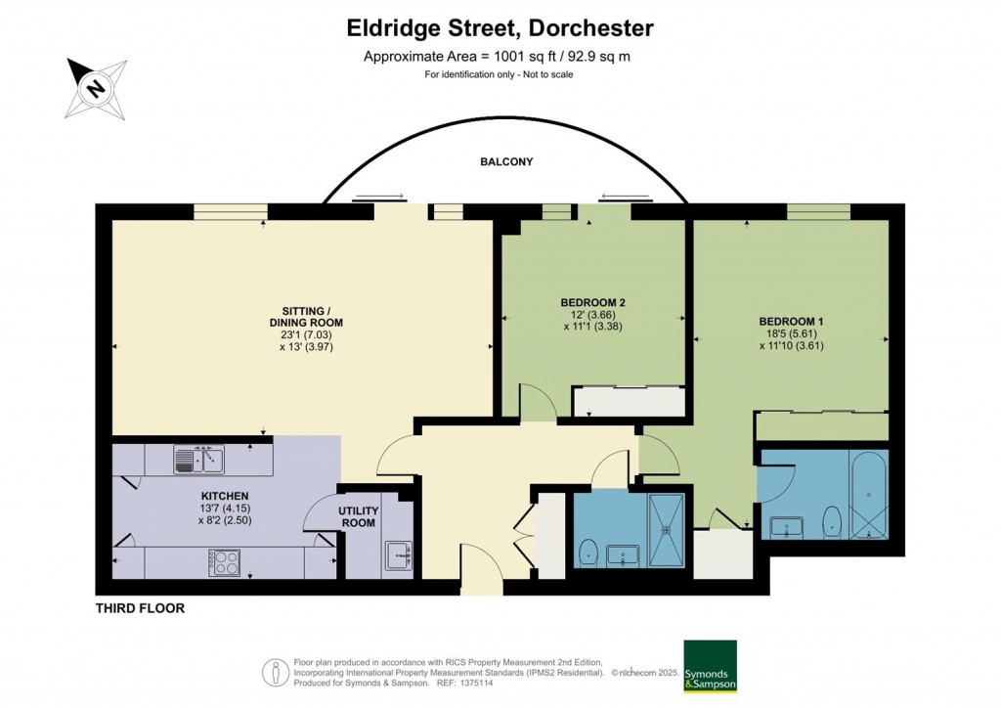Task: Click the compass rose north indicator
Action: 96,87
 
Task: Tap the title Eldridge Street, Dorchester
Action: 500,28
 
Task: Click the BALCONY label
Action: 506,162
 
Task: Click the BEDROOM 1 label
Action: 791,322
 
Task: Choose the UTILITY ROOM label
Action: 358,517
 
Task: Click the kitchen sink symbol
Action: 198,459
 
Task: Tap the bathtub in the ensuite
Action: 868,496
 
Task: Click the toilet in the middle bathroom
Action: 588,553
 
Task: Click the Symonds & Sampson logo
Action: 710,666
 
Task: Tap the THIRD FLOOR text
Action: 140,608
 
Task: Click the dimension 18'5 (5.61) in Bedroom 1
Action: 791,333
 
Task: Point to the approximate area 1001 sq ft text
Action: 497,57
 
